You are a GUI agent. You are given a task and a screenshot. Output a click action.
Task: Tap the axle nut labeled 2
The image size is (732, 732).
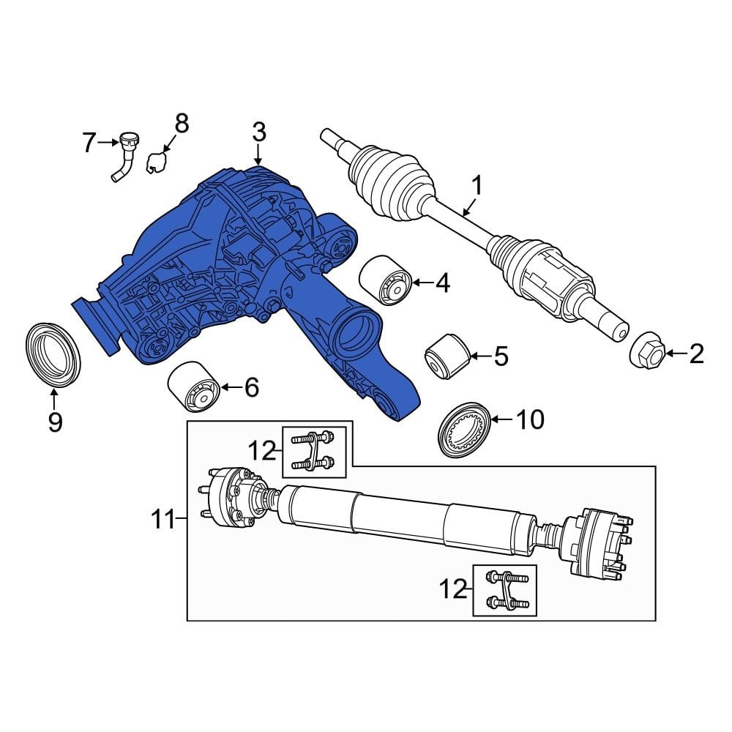pyautogui.click(x=646, y=354)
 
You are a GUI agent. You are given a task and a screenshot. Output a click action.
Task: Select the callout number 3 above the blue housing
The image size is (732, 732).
pyautogui.click(x=258, y=133)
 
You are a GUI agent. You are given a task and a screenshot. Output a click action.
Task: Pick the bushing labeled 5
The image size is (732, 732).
pyautogui.click(x=447, y=357)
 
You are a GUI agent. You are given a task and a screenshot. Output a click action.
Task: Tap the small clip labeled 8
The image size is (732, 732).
pyautogui.click(x=156, y=163)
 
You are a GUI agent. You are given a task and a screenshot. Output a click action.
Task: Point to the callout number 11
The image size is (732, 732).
pyautogui.click(x=165, y=520)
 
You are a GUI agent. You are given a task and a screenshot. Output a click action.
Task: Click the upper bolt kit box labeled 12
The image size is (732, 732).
pyautogui.click(x=313, y=452)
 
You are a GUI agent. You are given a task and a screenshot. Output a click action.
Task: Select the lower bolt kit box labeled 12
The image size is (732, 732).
pyautogui.click(x=504, y=591)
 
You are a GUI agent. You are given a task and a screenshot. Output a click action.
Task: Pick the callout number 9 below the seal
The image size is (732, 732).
pyautogui.click(x=55, y=422)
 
